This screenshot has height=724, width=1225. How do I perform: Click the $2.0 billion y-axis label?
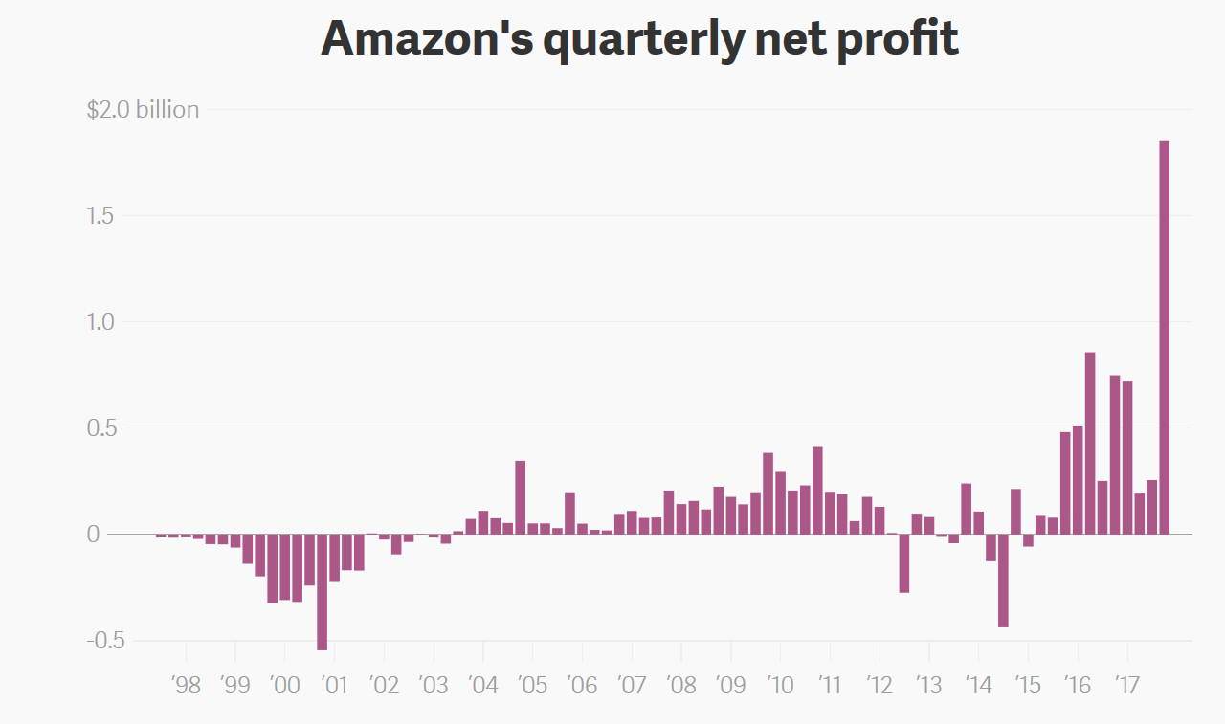click(143, 110)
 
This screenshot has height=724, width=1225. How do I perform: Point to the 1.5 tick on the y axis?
click(100, 216)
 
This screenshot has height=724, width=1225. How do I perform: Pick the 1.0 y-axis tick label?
click(100, 322)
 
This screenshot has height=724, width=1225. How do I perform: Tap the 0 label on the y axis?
click(93, 534)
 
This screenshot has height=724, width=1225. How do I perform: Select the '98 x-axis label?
click(186, 685)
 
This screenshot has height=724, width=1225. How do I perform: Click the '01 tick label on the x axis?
click(335, 685)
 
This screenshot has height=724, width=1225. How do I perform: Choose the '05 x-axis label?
click(532, 685)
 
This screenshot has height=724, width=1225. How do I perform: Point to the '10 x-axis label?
click(780, 685)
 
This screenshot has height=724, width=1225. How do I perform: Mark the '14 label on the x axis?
click(978, 685)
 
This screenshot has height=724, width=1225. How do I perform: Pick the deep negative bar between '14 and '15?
click(1003, 580)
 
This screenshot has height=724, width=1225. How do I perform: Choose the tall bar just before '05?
click(521, 497)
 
